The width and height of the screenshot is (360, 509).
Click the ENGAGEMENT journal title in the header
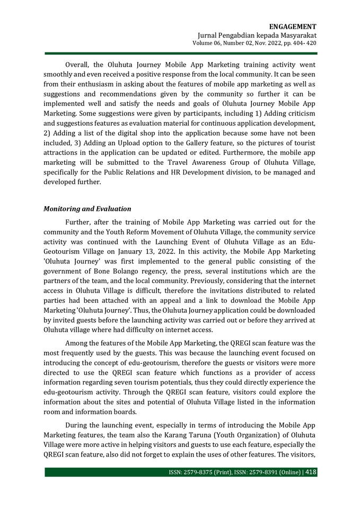tap(293, 27)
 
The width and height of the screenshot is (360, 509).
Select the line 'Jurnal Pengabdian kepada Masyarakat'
tap(257, 35)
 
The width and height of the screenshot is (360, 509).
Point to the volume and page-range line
tap(254, 43)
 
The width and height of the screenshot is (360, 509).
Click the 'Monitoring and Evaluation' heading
tap(87, 208)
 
